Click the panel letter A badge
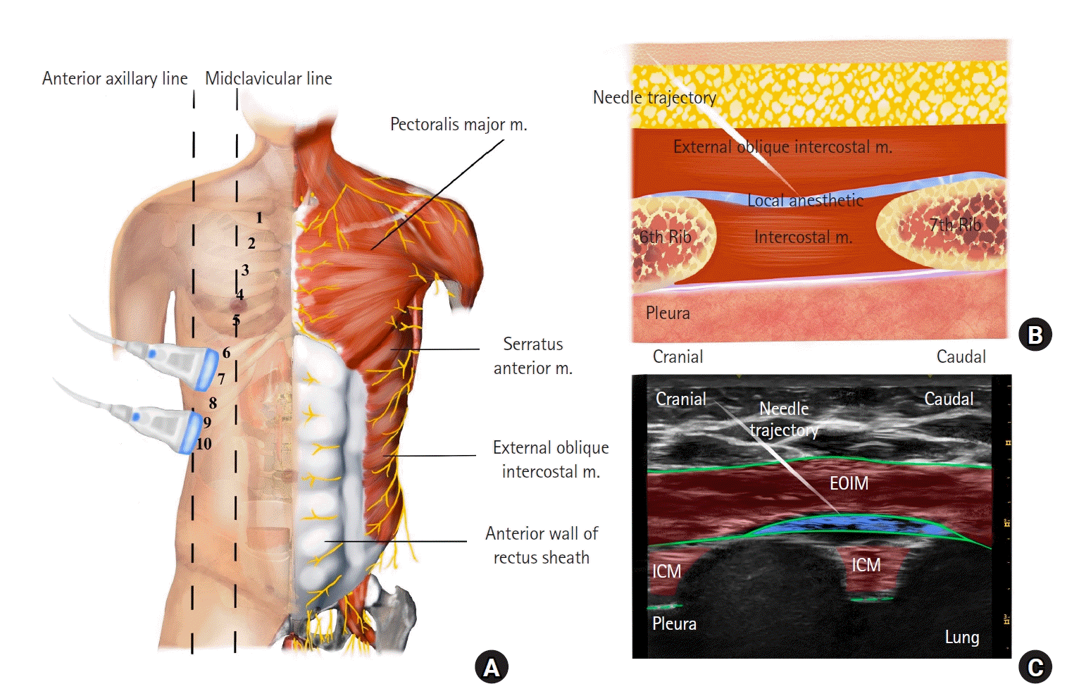coord(491,667)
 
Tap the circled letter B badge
coord(1035,335)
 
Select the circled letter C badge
coord(1035,667)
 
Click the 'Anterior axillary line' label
coord(115,78)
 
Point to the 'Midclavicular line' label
coord(268,78)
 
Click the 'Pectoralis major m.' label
coord(458,125)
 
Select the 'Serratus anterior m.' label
coord(533,356)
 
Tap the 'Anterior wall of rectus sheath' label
coord(541,545)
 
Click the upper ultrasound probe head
coord(206,368)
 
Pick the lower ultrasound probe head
coord(189,431)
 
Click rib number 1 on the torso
coord(259,218)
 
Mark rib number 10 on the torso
coord(204,444)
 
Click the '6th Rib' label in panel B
coord(666,237)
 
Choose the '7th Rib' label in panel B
coord(955,225)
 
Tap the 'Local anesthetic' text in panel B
coord(805,200)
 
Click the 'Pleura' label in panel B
coord(668,313)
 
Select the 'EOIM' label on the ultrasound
coord(849,483)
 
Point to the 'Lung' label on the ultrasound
coord(961,638)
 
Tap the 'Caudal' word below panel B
coord(961,357)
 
